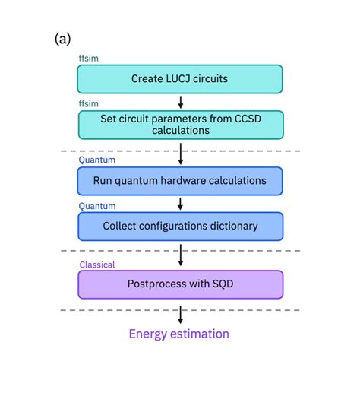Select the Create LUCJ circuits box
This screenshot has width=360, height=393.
(180, 79)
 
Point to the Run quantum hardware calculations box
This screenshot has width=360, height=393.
(180, 181)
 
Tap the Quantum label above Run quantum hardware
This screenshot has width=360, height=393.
(96, 160)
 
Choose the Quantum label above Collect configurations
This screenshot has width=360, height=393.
(96, 205)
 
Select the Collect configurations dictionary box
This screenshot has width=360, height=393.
(180, 226)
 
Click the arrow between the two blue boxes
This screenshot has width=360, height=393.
(180, 204)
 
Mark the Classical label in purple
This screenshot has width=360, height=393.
(97, 265)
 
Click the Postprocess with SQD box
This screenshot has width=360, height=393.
(180, 284)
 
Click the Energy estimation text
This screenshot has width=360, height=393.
(178, 334)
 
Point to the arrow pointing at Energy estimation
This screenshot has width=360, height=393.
(180, 315)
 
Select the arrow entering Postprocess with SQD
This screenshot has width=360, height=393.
(180, 255)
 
